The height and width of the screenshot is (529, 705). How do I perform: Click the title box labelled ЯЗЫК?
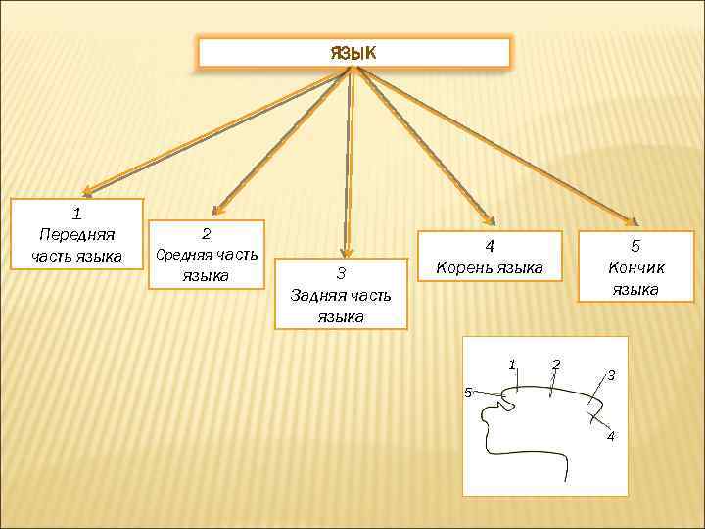353,52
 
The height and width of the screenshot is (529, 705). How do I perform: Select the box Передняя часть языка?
76,234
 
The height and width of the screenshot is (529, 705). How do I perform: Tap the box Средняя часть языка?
206,254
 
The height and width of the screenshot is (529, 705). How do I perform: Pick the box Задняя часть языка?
341,294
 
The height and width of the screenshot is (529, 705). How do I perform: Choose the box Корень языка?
490,257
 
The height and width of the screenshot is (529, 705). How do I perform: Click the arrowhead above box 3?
346,252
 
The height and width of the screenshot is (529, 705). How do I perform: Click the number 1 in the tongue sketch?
512,364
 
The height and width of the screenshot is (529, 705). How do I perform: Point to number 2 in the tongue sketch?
556,364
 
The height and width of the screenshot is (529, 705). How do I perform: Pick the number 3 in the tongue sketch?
610,375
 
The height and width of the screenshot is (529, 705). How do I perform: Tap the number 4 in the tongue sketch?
611,436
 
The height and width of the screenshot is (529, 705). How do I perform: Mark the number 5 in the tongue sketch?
468,392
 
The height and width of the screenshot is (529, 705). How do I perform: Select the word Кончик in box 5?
634,266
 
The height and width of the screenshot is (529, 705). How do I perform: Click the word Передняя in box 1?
76,234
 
